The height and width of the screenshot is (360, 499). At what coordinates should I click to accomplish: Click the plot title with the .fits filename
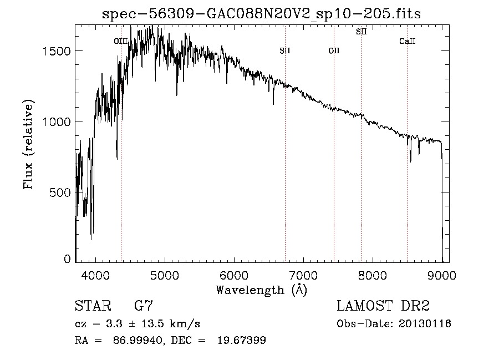(x=262, y=14)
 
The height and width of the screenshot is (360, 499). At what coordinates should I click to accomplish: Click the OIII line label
(x=121, y=41)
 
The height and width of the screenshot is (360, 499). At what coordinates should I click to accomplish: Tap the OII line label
(x=334, y=51)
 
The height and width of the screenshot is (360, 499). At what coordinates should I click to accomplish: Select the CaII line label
(x=408, y=41)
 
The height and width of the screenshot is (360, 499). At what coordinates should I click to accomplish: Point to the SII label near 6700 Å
(x=285, y=51)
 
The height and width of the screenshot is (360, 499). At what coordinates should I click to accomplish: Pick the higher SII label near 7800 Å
(x=361, y=32)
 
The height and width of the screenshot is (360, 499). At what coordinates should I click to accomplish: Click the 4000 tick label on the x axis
(x=95, y=275)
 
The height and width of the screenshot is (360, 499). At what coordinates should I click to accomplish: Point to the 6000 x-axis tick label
(x=234, y=275)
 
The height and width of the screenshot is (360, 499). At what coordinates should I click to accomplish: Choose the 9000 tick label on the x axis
(x=442, y=275)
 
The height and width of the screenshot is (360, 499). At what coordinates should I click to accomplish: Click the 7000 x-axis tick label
(x=303, y=275)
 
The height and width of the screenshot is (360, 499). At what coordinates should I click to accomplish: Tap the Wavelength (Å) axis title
(x=261, y=290)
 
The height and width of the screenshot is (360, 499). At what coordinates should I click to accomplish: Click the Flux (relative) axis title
(x=28, y=144)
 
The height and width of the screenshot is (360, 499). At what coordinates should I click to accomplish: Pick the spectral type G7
(x=144, y=306)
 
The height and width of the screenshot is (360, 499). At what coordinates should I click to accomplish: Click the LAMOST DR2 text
(x=383, y=306)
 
